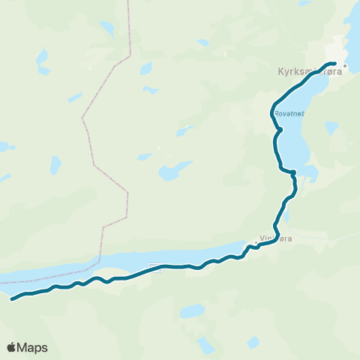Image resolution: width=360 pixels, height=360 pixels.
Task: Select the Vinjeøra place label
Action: tap(274, 239)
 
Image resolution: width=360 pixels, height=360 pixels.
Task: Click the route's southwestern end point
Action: tap(13, 299)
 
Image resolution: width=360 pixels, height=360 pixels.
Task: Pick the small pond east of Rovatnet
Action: tap(331, 128)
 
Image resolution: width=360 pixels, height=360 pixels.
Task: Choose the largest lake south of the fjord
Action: tap(192, 310)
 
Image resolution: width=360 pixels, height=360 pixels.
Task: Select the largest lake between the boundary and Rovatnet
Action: tap(175, 171)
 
